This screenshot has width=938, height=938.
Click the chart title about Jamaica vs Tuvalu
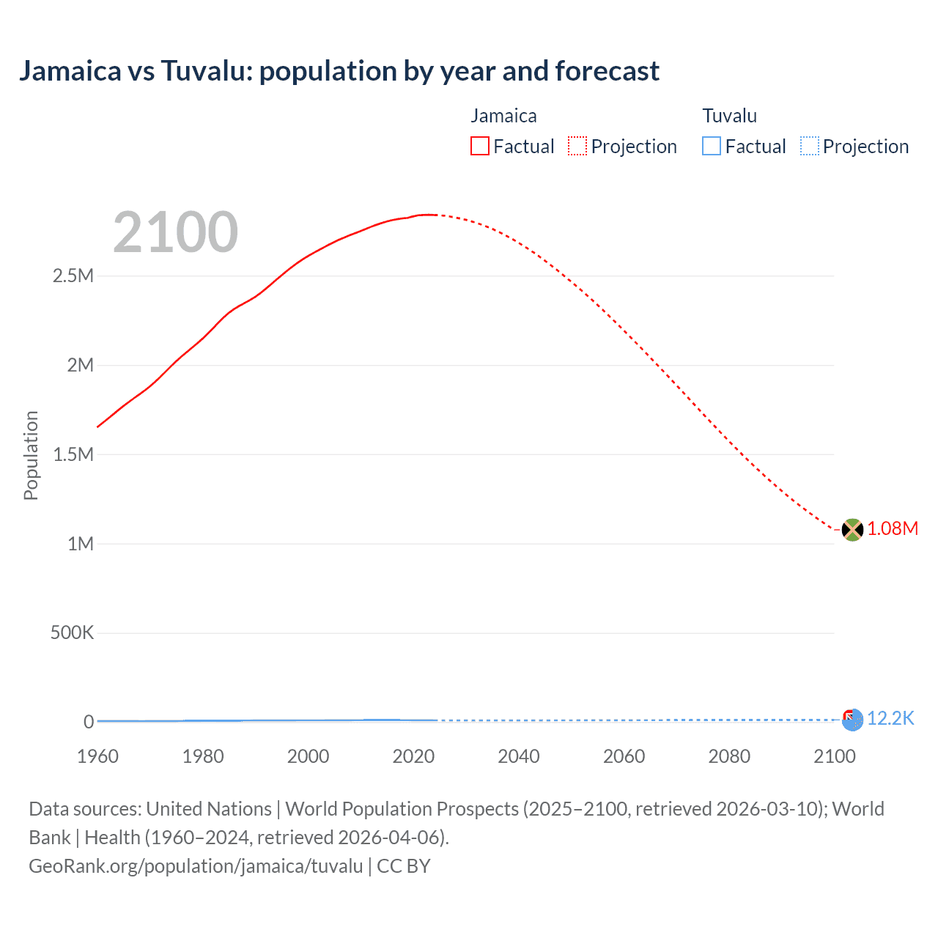[339, 71]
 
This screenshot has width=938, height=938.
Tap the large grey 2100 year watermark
[175, 232]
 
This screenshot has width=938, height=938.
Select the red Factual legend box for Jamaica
[479, 147]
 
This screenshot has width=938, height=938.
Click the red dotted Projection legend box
[577, 147]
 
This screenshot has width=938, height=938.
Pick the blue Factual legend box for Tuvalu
[711, 147]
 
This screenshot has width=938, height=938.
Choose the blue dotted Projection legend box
[809, 147]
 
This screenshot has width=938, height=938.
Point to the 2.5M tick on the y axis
[73, 276]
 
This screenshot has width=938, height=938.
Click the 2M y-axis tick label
[80, 365]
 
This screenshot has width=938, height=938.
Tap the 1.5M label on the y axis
[73, 454]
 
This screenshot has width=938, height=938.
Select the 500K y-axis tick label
[72, 632]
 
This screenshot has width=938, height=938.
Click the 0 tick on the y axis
[89, 722]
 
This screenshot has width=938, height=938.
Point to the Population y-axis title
[31, 455]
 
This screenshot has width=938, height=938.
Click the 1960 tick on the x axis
[97, 756]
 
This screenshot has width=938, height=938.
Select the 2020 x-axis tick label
[413, 756]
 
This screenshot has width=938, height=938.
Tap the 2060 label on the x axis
[624, 756]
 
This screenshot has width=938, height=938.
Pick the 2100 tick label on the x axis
[834, 756]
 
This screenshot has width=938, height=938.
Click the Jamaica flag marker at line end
[852, 529]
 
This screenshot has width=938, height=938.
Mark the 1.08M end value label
[893, 529]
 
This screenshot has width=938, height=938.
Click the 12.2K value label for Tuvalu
[890, 718]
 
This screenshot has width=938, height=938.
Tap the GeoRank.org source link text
[196, 866]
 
